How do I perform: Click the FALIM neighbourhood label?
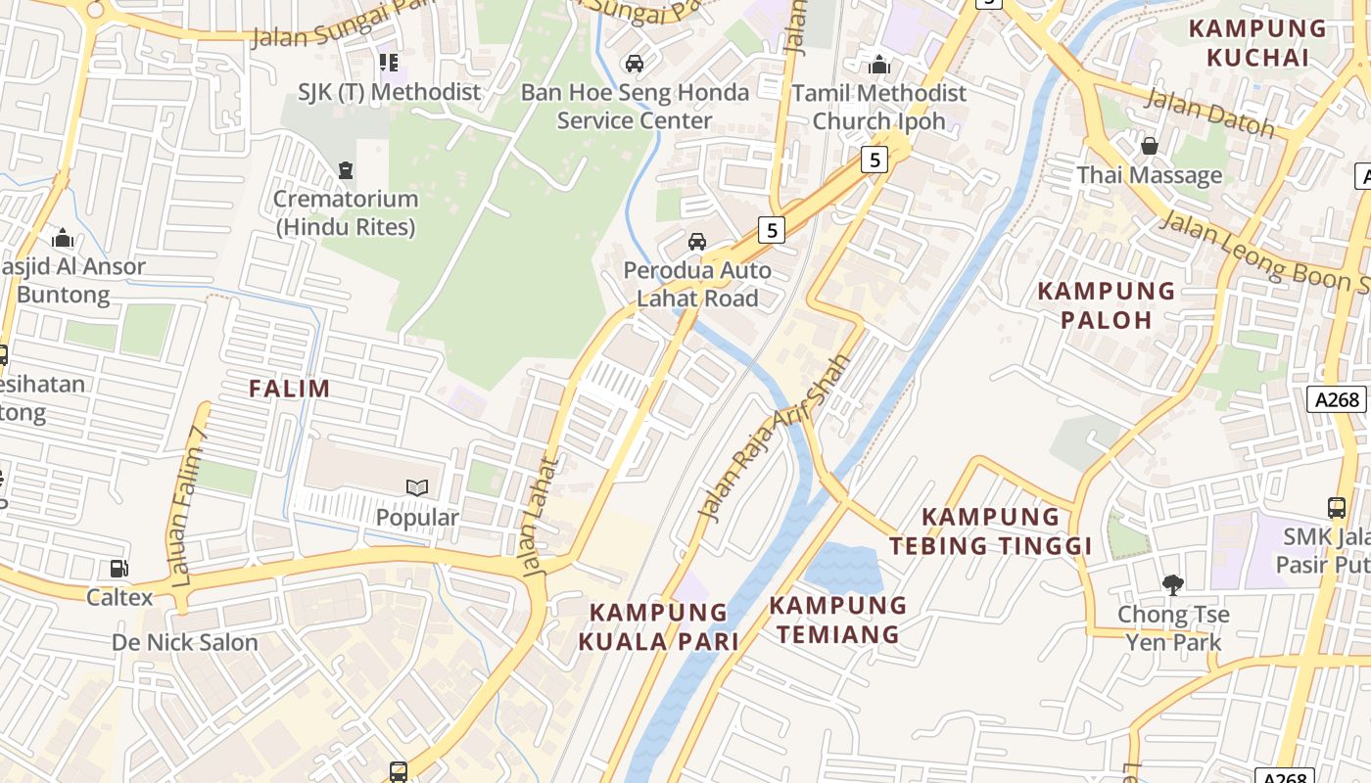coord(289,389)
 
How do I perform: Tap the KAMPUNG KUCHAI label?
coord(1257,43)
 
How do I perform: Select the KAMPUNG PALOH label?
coord(1107,305)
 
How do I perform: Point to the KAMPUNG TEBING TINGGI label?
coord(991,530)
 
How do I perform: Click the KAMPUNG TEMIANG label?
coord(838,620)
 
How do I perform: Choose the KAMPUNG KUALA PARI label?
coord(658,627)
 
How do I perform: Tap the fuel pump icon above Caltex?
coord(119,568)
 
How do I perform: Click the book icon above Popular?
coord(417,487)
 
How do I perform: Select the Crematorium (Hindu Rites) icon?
coord(345,170)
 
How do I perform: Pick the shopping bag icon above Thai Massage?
coord(1150,146)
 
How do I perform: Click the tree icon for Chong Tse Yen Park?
coord(1172,585)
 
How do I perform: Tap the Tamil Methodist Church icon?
coord(879,65)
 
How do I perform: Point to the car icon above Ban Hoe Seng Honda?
coord(635,64)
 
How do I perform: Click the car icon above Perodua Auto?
coord(697,241)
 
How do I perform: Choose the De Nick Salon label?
coord(185,643)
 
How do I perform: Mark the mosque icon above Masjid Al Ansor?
coord(63,238)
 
